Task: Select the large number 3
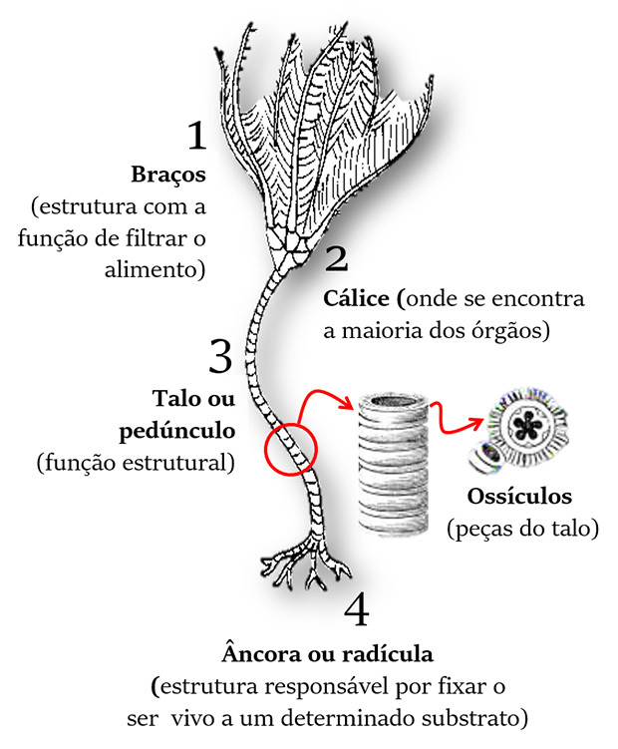(x=220, y=356)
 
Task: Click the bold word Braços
(x=168, y=175)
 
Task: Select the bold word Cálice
(x=359, y=298)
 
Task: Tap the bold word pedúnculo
(x=183, y=432)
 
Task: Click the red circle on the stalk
(x=290, y=441)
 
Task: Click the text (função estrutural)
(x=135, y=463)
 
